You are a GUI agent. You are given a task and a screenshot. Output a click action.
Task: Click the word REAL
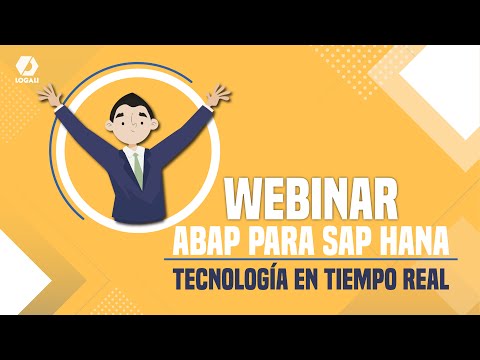(x=423, y=276)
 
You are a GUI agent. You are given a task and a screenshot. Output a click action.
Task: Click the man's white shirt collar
(x=136, y=153)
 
